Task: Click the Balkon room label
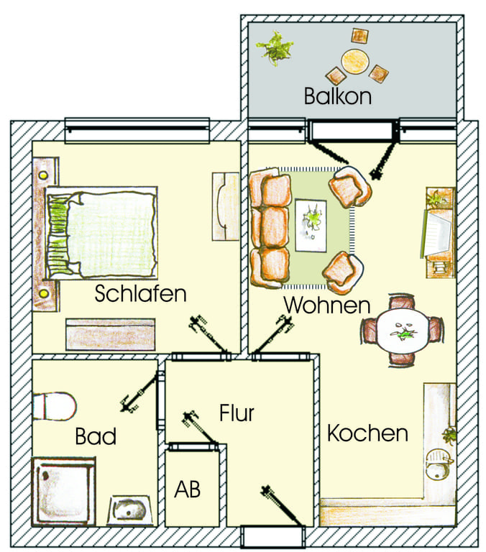[338, 96]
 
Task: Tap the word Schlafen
[140, 293]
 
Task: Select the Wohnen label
[327, 305]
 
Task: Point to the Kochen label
[367, 433]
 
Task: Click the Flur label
[237, 413]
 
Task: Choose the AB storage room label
[188, 489]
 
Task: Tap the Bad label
[96, 436]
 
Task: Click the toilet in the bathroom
[55, 406]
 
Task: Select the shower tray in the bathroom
[63, 492]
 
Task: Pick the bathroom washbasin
[129, 510]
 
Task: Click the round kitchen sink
[439, 464]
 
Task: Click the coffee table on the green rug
[311, 225]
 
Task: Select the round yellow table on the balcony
[354, 61]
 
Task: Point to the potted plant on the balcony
[275, 48]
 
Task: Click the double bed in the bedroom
[101, 233]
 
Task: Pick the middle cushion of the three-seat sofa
[275, 226]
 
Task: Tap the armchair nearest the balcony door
[349, 187]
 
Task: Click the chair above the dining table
[401, 303]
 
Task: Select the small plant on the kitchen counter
[449, 436]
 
